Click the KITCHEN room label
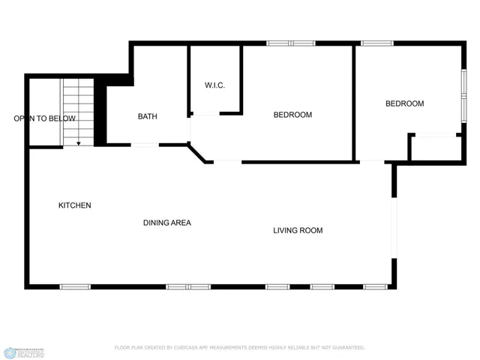click(x=75, y=205)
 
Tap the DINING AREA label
click(x=167, y=223)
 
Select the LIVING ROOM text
click(x=298, y=230)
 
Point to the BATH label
click(x=147, y=116)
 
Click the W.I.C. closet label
click(x=214, y=85)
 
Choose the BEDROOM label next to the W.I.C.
click(x=292, y=115)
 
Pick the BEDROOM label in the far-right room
click(x=404, y=103)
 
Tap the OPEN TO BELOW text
click(x=44, y=118)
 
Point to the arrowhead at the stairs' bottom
click(x=79, y=142)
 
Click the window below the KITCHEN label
click(x=75, y=286)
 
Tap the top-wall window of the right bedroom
click(x=377, y=43)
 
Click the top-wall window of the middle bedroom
click(x=291, y=43)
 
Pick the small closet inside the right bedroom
click(x=435, y=148)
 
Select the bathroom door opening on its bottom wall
click(x=145, y=144)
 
